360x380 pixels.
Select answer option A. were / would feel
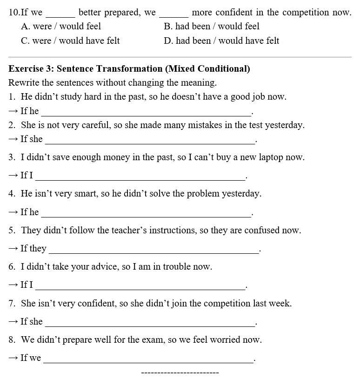coord(61,27)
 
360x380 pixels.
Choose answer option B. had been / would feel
coord(212,27)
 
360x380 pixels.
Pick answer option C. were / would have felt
coord(70,41)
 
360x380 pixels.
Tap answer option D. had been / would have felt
coord(221,41)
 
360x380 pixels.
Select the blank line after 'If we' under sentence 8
coord(148,361)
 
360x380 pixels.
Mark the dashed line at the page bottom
coord(180,373)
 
